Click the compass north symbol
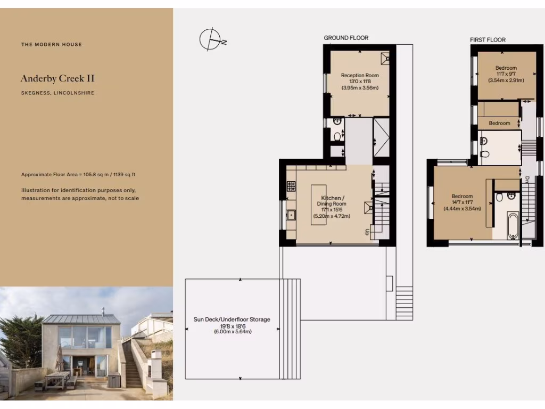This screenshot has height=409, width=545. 210,39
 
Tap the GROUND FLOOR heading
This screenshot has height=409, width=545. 346,38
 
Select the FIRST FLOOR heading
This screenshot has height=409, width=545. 488,39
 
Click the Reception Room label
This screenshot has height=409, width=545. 360,76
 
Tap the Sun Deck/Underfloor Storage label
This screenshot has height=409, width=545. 232,320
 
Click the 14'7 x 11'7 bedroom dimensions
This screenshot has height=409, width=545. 462,202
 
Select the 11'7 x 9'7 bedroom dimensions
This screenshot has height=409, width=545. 506,74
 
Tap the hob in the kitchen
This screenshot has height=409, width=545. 291,186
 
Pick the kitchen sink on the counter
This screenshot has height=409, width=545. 291,216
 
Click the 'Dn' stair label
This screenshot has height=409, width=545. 526,180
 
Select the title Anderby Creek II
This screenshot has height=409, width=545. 57,78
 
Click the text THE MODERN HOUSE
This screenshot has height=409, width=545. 52,44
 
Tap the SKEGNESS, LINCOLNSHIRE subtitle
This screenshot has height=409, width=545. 57,93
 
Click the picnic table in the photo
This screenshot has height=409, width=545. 57,379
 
